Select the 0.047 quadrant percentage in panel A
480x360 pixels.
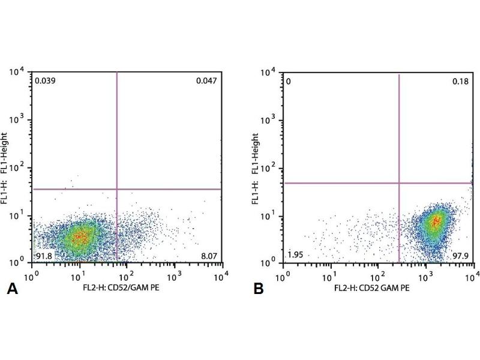(x=206, y=80)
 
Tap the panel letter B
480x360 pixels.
(x=259, y=289)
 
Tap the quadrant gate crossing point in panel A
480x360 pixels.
(x=116, y=189)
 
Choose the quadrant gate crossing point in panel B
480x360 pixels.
(x=399, y=183)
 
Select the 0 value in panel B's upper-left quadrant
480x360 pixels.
(x=289, y=80)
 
